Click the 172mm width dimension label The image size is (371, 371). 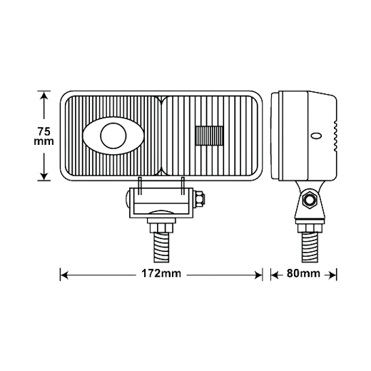tap(161, 273)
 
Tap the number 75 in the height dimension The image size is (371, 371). tap(44, 131)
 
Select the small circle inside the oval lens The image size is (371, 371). tap(113, 136)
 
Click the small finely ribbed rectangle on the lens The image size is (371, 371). tap(209, 136)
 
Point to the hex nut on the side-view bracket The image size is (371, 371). tap(309, 199)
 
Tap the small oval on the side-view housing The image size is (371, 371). tap(316, 136)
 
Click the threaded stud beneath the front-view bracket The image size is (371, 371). tap(161, 248)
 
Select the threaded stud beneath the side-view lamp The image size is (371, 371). tap(309, 248)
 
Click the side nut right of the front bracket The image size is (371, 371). tap(200, 198)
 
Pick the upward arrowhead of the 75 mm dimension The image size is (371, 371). tap(44, 96)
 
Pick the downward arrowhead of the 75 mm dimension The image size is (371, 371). tap(44, 176)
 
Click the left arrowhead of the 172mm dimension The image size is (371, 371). tap(64, 275)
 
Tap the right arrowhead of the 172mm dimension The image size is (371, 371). tap(258, 275)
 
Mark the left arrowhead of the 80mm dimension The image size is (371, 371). tap(275, 275)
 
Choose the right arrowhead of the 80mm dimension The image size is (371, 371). tap(332, 275)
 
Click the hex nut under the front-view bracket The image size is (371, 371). tap(161, 228)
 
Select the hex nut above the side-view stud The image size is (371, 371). tap(309, 228)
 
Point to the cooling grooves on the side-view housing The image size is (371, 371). tap(335, 136)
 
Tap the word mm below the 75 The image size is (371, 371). tap(44, 142)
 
